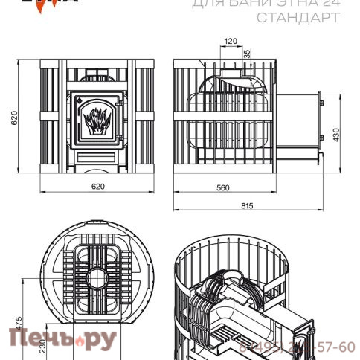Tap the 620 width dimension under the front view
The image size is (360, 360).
(97, 187)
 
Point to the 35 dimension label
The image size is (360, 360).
(246, 54)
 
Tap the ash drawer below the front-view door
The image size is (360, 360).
(97, 157)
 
